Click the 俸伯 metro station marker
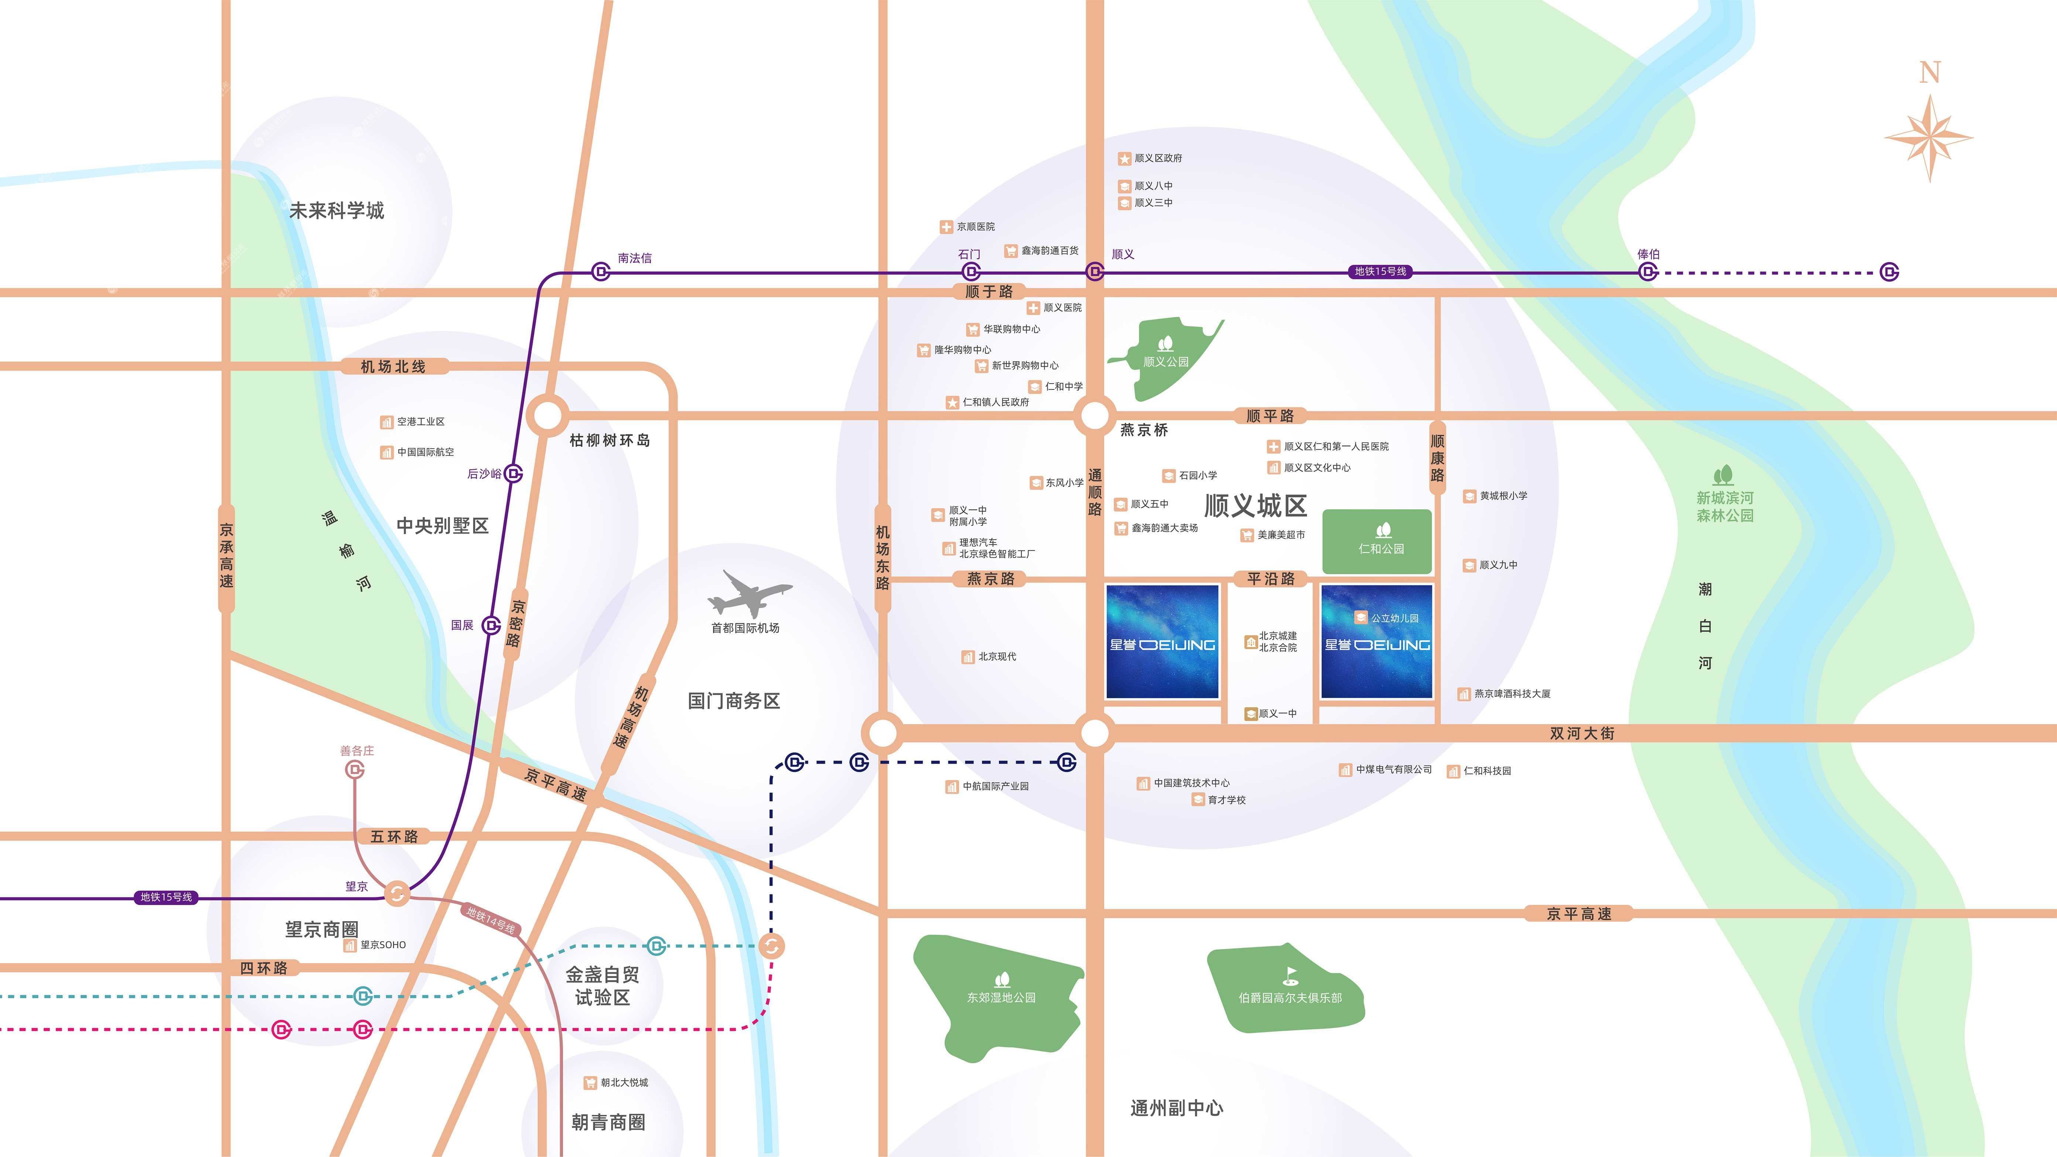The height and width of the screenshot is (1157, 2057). click(1647, 272)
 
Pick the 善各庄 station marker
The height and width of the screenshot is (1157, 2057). click(355, 770)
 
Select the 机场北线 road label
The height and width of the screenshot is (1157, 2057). click(393, 366)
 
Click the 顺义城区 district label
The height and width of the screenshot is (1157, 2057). click(1255, 506)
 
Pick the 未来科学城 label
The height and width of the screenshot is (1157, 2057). click(336, 211)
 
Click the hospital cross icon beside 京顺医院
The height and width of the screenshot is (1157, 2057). click(946, 227)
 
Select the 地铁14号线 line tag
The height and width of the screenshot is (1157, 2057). click(490, 921)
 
